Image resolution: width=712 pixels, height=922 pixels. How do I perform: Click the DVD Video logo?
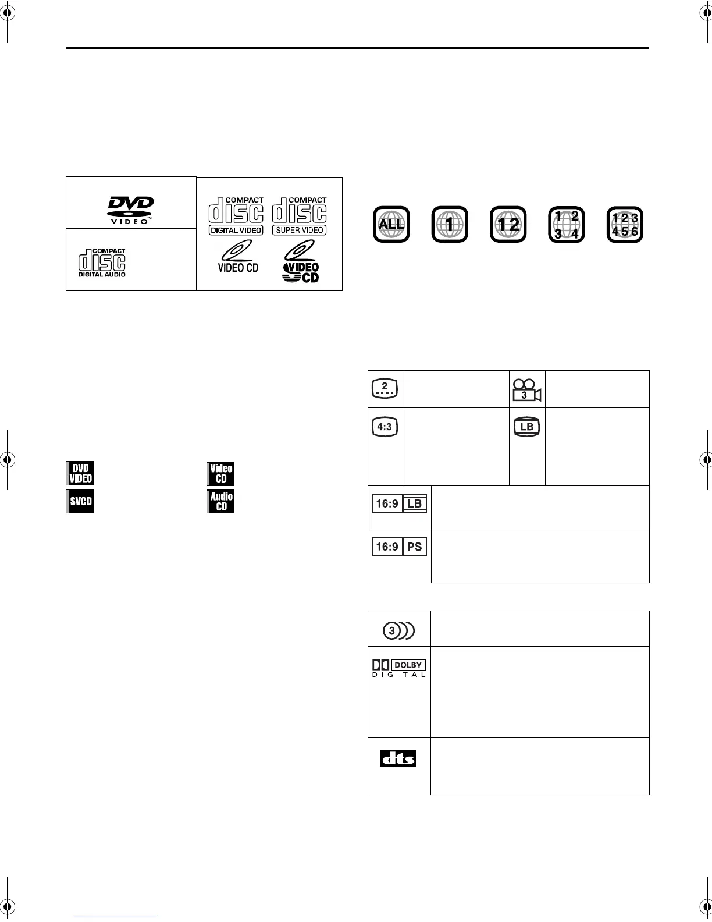click(130, 210)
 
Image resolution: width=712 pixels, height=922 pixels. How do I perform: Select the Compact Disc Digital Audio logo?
click(102, 263)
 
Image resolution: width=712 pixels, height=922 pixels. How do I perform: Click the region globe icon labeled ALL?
click(391, 224)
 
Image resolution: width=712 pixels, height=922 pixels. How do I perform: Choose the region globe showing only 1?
click(450, 224)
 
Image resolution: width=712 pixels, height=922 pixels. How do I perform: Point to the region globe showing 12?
click(508, 224)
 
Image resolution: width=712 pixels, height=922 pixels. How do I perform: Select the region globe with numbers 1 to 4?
click(566, 224)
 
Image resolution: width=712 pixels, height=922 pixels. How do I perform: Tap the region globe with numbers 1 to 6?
click(625, 224)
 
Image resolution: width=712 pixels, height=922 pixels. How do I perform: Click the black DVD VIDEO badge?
click(80, 473)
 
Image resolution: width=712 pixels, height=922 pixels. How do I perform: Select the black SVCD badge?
click(80, 501)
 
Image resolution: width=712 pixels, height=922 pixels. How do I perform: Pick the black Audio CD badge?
click(220, 501)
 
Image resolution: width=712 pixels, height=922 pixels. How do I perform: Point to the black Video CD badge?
click(220, 473)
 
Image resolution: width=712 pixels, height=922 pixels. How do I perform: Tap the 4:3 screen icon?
click(385, 427)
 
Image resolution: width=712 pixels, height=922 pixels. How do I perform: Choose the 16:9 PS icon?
click(400, 547)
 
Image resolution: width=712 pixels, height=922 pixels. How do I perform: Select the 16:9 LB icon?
click(400, 503)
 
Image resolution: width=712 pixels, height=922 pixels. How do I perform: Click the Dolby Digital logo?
click(399, 668)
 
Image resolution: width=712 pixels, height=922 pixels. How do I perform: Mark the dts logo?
click(398, 758)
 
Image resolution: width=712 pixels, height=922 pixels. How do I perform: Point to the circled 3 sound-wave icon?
click(398, 630)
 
